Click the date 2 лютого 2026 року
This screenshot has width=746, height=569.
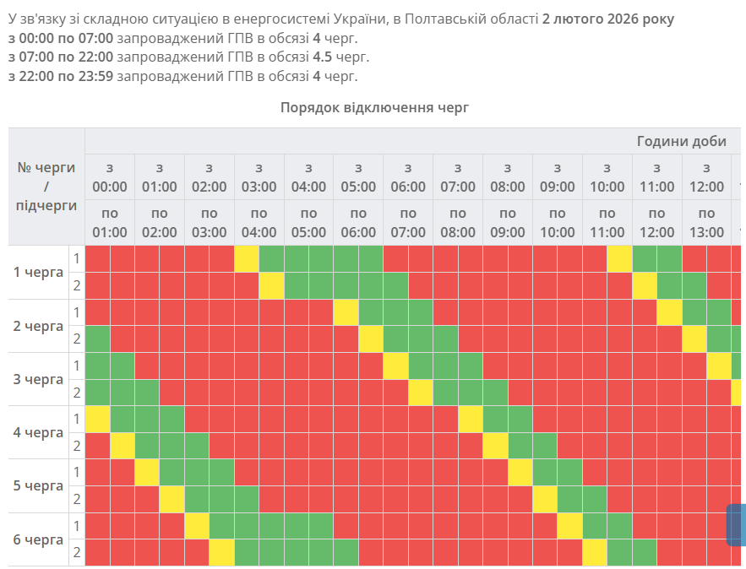tap(608, 19)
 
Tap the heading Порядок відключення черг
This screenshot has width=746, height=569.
tap(373, 107)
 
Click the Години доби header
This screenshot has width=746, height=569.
tap(681, 141)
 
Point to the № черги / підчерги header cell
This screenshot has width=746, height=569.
tap(46, 187)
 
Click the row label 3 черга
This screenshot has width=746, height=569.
tap(39, 379)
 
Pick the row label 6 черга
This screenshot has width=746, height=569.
tap(39, 539)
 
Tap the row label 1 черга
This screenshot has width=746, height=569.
tap(39, 272)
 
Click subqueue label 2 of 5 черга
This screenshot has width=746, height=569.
tap(77, 499)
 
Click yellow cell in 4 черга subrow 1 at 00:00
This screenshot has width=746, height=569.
tap(98, 419)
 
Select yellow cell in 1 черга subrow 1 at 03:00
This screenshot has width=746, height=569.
tap(247, 258)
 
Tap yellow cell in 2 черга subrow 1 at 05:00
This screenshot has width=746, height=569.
tap(346, 312)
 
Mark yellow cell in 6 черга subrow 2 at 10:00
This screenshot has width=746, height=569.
tap(594, 552)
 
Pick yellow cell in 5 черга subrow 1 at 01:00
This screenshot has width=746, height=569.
tap(147, 472)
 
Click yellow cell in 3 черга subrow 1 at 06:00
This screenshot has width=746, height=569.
tap(395, 366)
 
